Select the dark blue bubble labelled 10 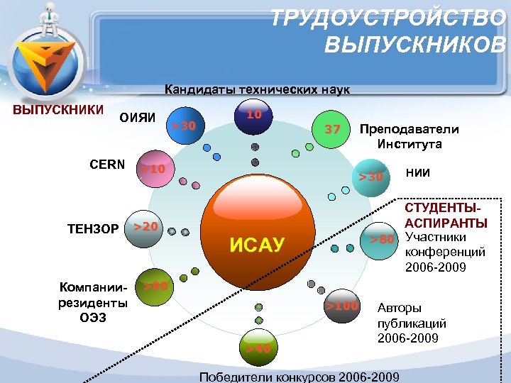[255, 120]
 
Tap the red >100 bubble [342, 307]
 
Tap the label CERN [107, 165]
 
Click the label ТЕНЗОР [92, 229]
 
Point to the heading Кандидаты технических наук [257, 90]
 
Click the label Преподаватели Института [410, 136]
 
